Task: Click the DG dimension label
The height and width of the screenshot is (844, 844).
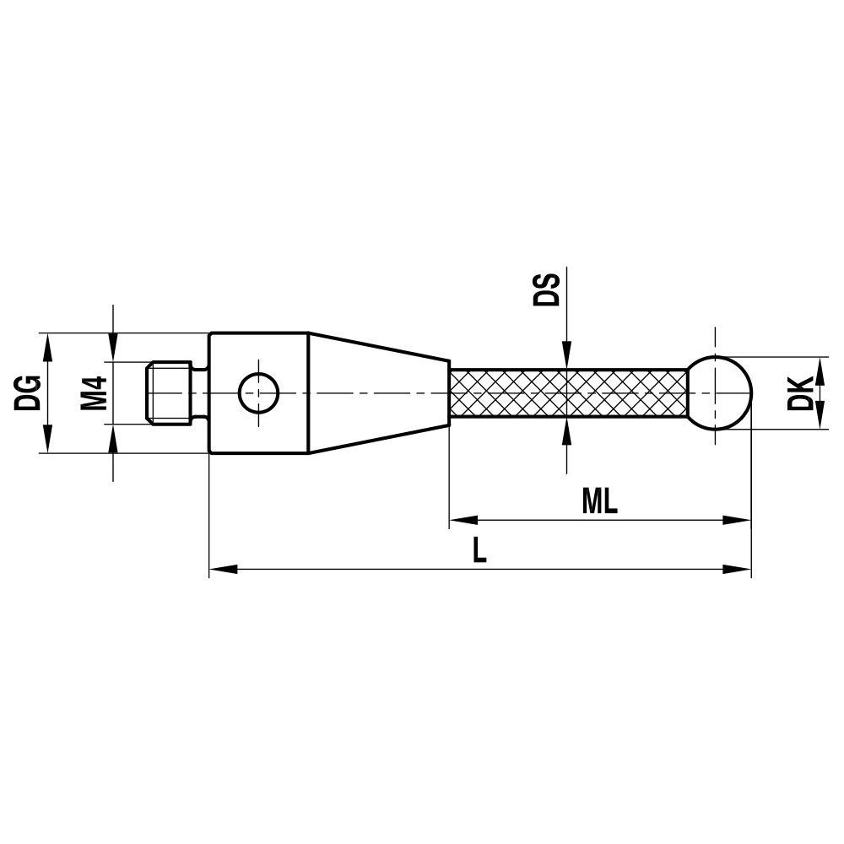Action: coord(28,392)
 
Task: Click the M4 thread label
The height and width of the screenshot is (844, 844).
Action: coord(94,392)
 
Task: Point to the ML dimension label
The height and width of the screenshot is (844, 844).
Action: coord(600,502)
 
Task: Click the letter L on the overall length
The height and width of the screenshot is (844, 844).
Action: coord(479,551)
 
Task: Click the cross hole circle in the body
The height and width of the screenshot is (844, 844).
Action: coord(258,392)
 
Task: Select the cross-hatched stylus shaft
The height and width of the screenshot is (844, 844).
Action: coord(567,393)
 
